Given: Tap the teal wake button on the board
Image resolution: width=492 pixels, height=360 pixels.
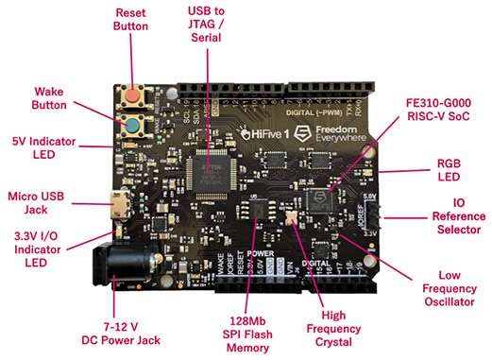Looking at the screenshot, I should (133, 126).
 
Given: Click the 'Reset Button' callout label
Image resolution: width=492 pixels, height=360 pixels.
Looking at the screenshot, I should (130, 22).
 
